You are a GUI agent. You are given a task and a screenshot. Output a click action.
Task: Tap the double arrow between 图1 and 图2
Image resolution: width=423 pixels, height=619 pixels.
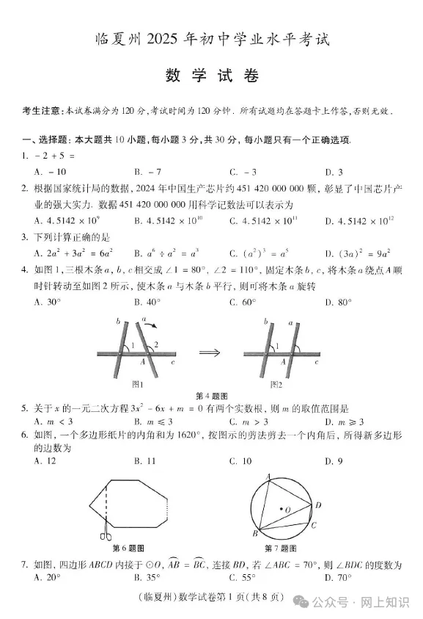[x=210, y=353]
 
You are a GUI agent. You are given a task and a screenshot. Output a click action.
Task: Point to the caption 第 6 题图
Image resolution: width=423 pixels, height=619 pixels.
[x=128, y=549]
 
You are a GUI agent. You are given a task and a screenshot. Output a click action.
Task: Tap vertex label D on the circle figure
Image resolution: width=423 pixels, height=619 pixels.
[x=318, y=505]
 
